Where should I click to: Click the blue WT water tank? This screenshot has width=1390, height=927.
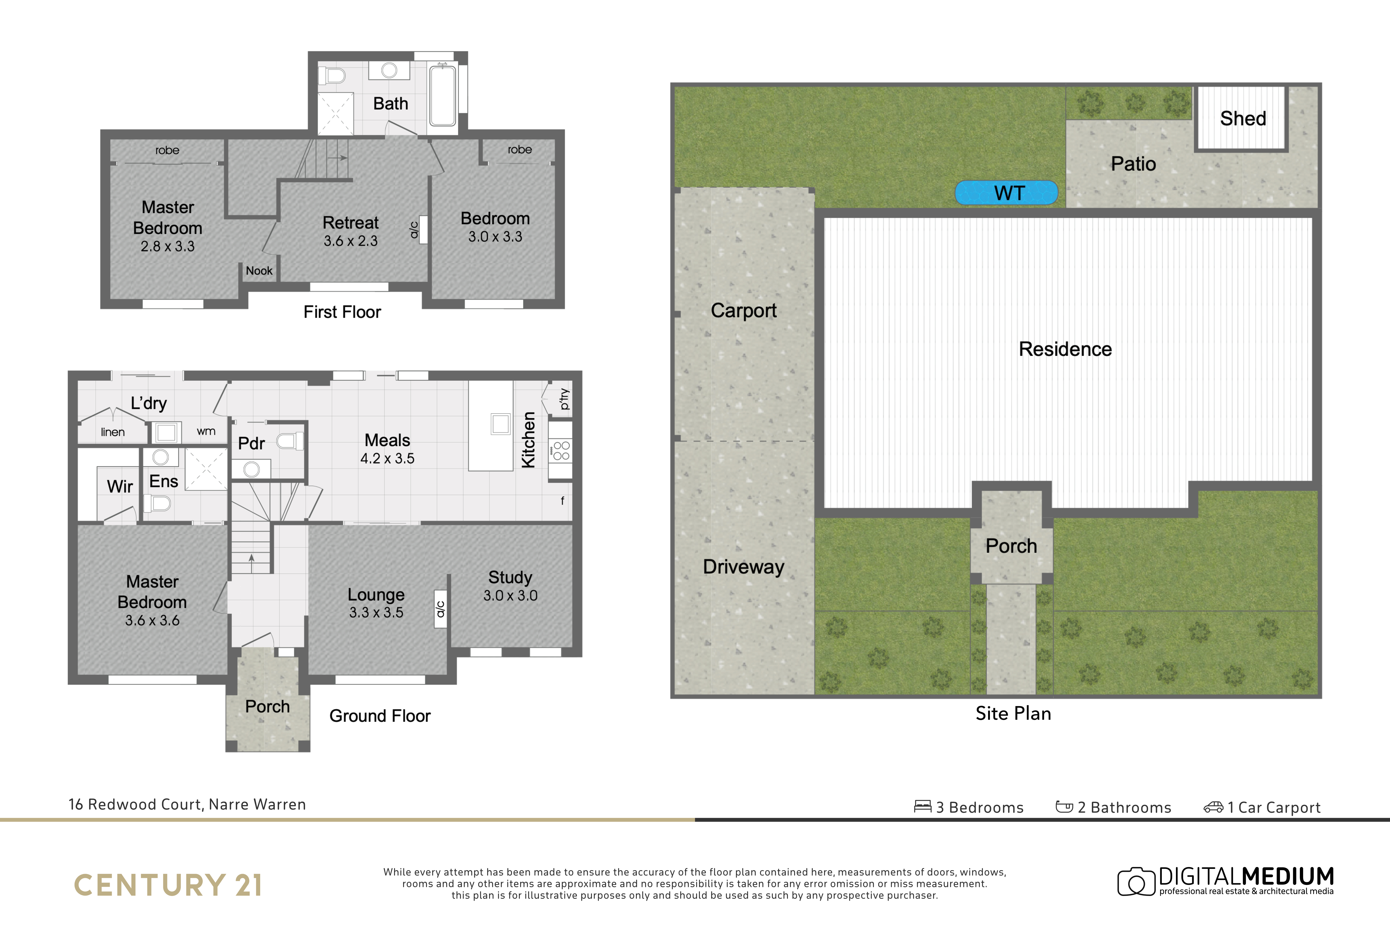[1006, 193]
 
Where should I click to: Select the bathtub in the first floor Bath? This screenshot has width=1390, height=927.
[443, 96]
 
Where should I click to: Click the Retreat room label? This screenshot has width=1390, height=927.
[351, 223]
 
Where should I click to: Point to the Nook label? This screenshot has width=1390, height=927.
[259, 271]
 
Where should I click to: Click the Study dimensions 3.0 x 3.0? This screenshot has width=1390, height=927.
[511, 595]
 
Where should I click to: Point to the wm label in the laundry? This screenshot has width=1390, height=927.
[206, 431]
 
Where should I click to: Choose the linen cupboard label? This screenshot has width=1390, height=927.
[112, 432]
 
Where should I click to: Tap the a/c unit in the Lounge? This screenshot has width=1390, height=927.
[440, 609]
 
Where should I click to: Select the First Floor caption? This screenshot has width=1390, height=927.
[342, 312]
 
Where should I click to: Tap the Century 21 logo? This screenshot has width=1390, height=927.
[168, 885]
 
